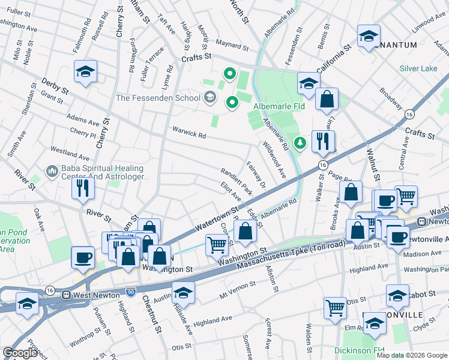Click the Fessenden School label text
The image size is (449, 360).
158,97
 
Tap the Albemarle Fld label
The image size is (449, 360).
279,107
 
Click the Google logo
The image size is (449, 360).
20,352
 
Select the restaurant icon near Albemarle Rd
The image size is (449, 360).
323,142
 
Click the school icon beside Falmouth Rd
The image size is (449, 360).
86,71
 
